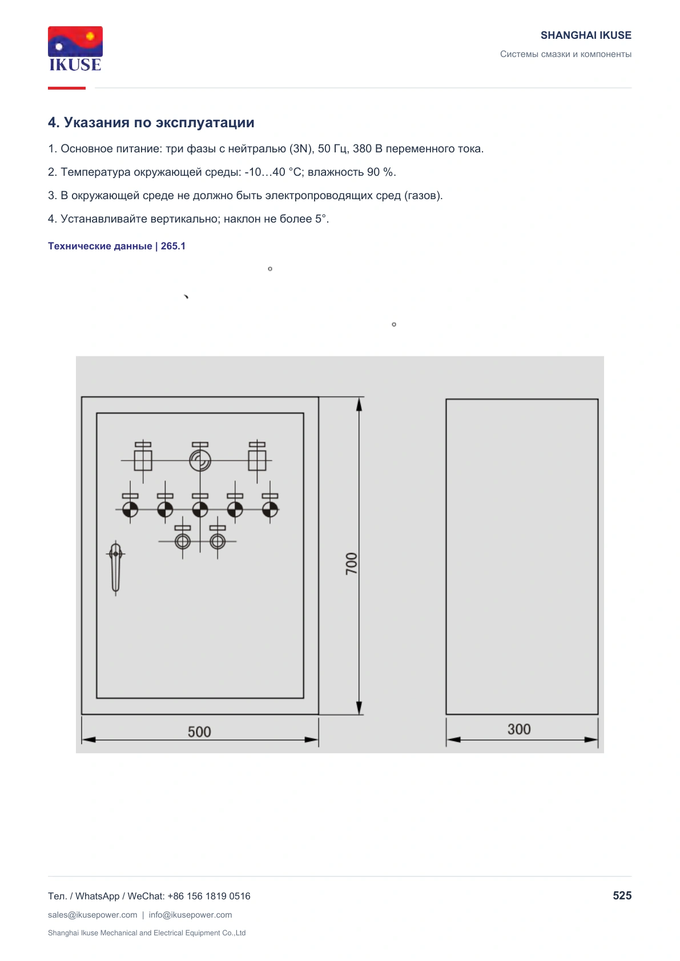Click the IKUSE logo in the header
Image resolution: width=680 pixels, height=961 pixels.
pyautogui.click(x=75, y=49)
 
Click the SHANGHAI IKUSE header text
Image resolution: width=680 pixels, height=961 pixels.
pyautogui.click(x=586, y=35)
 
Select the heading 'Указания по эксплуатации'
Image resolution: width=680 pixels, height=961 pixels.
pyautogui.click(x=159, y=122)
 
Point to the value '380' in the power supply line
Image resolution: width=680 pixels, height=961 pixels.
pyautogui.click(x=362, y=148)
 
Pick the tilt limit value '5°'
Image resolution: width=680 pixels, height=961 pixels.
pyautogui.click(x=320, y=219)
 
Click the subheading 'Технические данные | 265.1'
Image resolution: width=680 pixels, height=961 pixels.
pyautogui.click(x=117, y=246)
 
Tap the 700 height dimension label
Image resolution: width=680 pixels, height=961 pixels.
pyautogui.click(x=351, y=564)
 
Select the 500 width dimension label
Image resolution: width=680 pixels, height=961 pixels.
pyautogui.click(x=199, y=732)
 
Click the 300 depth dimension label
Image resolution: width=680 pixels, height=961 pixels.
pyautogui.click(x=519, y=729)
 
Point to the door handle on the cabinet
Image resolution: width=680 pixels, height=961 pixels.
pyautogui.click(x=115, y=568)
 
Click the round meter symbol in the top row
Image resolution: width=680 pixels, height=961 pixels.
pyautogui.click(x=200, y=461)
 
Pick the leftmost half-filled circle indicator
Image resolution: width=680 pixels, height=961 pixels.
pyautogui.click(x=130, y=510)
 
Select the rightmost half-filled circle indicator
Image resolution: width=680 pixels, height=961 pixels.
pyautogui.click(x=270, y=510)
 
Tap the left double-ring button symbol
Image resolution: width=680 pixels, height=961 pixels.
pyautogui.click(x=183, y=542)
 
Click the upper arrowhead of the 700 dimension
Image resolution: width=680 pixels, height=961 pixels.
pyautogui.click(x=359, y=404)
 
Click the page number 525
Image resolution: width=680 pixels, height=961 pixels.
pyautogui.click(x=622, y=895)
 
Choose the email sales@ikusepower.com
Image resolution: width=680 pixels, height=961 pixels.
pyautogui.click(x=92, y=915)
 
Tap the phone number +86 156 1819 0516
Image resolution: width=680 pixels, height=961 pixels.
pyautogui.click(x=208, y=896)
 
